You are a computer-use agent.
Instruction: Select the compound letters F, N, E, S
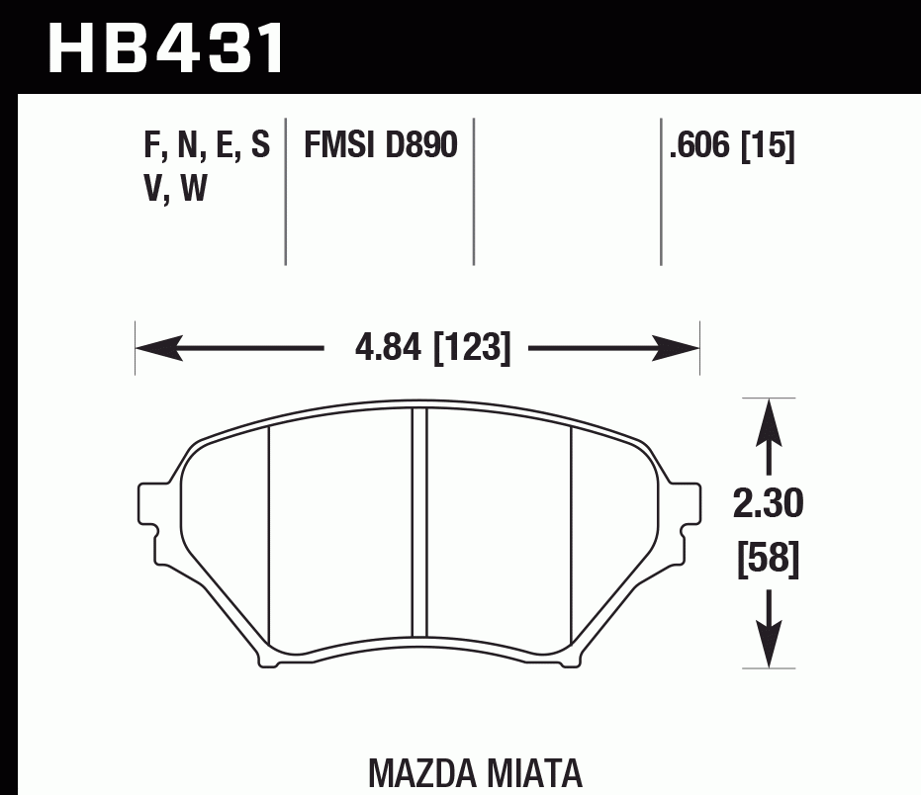(207, 146)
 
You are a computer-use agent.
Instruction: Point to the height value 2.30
(768, 505)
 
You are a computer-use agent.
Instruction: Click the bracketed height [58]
(768, 560)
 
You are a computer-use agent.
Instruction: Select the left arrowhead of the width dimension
(158, 348)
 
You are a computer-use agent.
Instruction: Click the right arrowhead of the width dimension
(677, 348)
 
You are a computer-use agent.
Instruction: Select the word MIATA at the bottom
(533, 773)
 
